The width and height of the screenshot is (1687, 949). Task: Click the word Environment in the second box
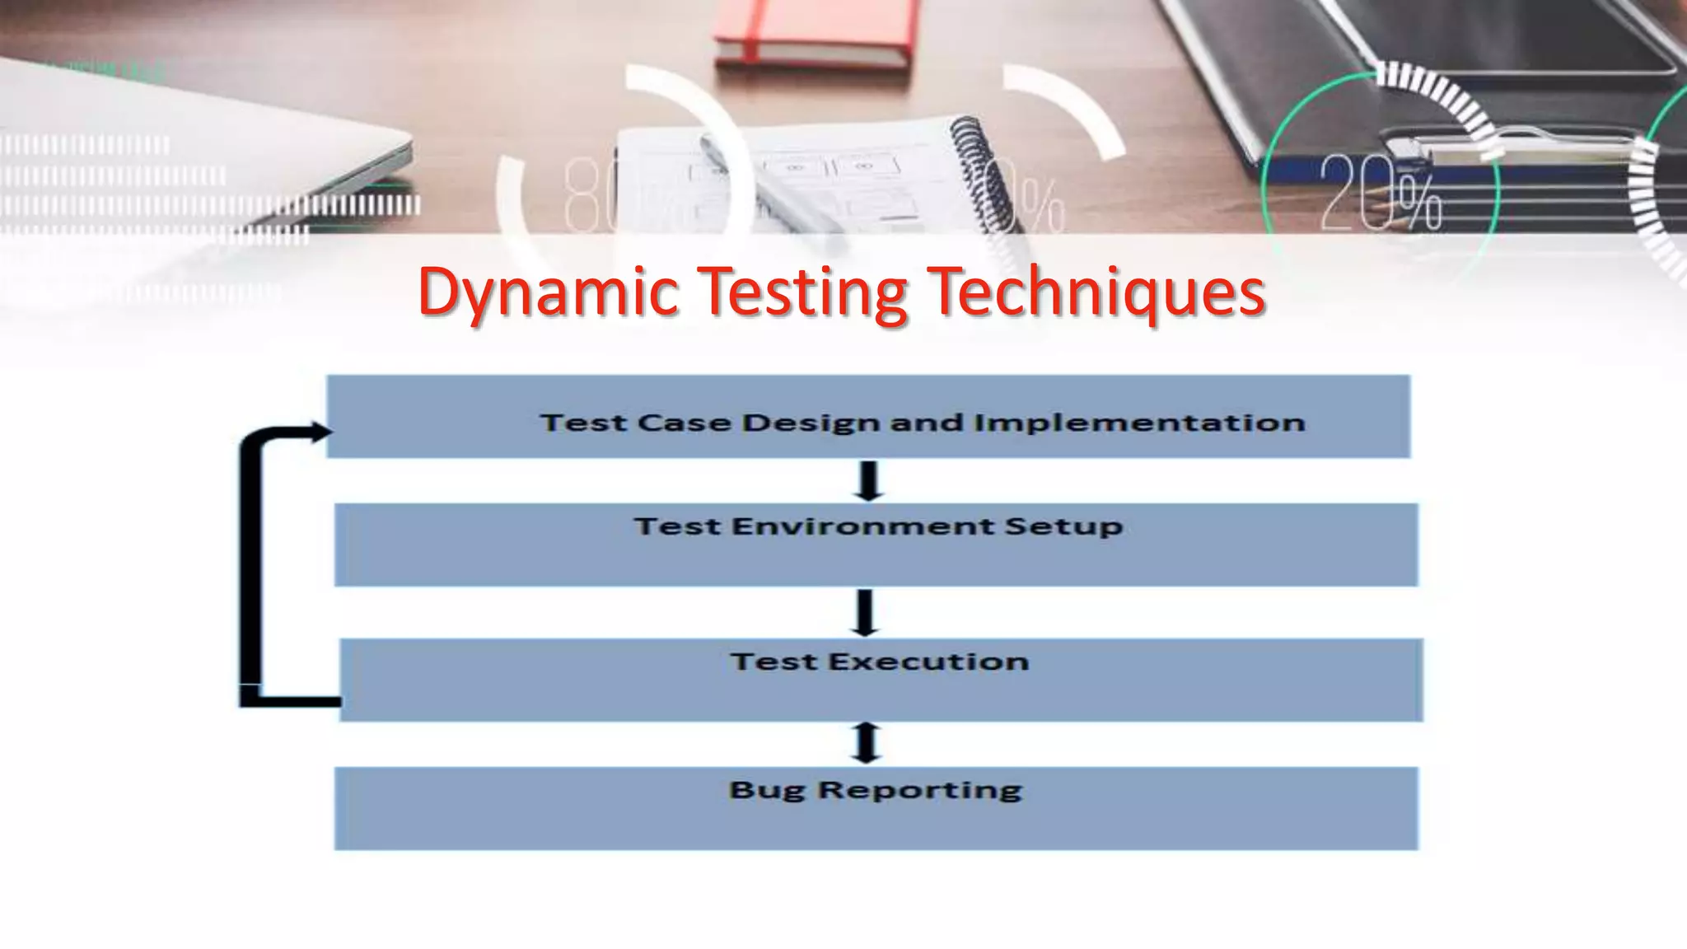click(862, 526)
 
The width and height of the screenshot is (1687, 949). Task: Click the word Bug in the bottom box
click(766, 791)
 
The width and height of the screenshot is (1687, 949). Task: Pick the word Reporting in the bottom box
click(920, 791)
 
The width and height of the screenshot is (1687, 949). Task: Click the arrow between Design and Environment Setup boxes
click(869, 481)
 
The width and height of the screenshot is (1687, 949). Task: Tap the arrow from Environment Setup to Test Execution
click(864, 612)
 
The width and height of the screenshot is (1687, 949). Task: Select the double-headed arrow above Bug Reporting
click(866, 743)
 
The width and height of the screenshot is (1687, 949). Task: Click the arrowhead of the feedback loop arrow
click(320, 432)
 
